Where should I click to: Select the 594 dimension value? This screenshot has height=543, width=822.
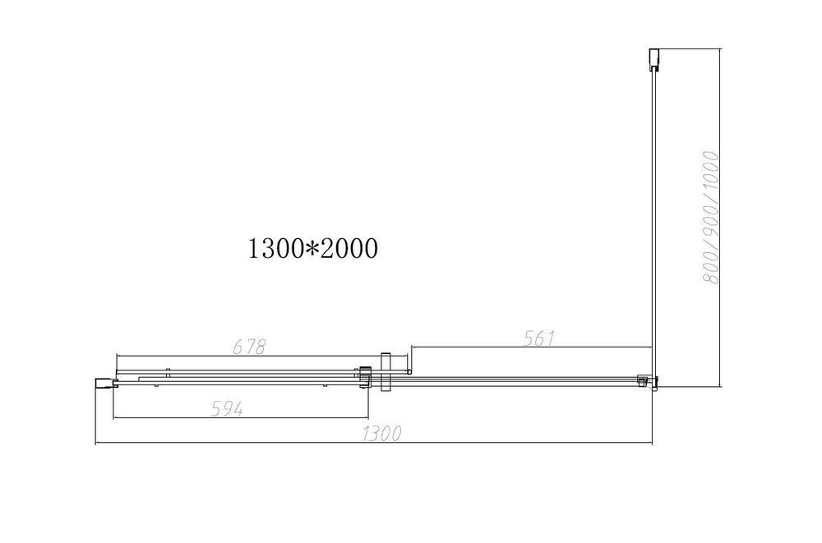[227, 408]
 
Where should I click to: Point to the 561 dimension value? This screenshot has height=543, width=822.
[541, 338]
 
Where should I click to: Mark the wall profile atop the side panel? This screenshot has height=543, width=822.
[653, 60]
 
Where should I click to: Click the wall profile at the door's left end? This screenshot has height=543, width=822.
[104, 380]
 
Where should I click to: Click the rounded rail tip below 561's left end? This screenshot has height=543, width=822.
[409, 370]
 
